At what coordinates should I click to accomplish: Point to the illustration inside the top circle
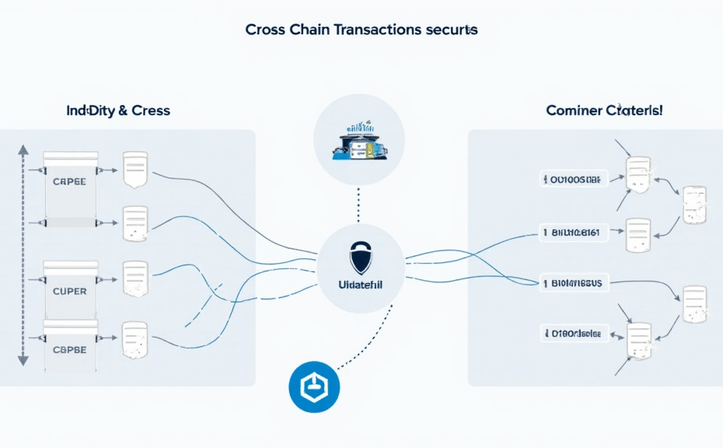point(358,141)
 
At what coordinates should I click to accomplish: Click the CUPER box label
point(69,290)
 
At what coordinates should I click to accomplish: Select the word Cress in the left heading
point(151,110)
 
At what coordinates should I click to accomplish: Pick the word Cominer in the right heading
point(574,110)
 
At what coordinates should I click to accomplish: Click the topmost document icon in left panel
point(134,169)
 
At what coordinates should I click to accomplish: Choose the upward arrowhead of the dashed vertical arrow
point(23,149)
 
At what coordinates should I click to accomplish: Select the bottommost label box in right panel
point(574,334)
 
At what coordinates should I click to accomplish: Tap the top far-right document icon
point(694,205)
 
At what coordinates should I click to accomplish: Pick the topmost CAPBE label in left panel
point(69,180)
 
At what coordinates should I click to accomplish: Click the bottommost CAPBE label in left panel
point(69,349)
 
